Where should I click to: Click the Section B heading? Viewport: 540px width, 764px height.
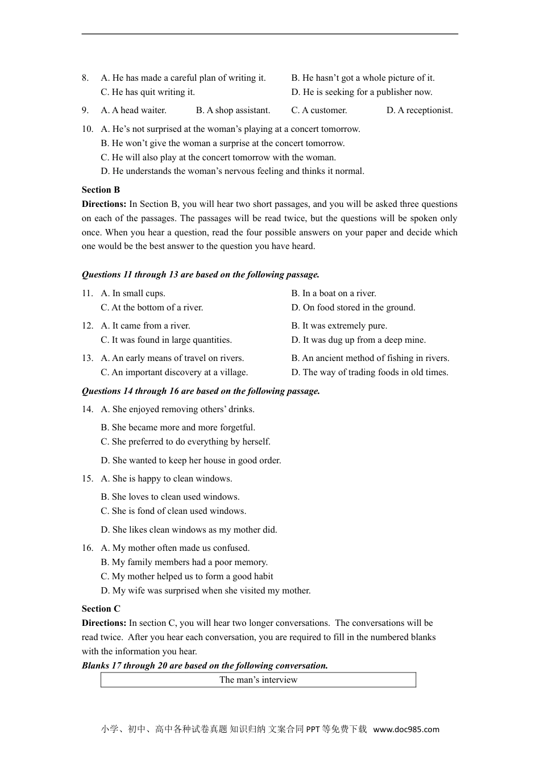coord(101,190)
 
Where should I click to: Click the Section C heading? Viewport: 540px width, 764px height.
coord(101,609)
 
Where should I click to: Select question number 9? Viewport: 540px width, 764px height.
coord(85,110)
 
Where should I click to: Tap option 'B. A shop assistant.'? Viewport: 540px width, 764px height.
coord(233,110)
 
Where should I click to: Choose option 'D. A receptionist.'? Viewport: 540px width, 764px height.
coord(419,110)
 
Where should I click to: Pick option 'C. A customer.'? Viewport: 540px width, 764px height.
coord(319,110)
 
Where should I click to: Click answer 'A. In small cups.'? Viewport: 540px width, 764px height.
coord(133,293)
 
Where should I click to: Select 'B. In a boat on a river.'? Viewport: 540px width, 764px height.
coord(334,293)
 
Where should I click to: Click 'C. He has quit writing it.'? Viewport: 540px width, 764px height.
coord(148,92)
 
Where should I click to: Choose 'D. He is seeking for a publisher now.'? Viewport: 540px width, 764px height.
coord(362,92)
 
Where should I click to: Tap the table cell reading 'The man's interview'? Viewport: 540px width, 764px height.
coord(258,680)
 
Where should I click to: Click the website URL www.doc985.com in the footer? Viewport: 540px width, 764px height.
coord(406,729)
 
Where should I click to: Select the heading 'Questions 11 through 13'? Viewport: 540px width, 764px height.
coord(200,275)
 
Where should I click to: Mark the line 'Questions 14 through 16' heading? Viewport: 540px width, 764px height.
coord(201,391)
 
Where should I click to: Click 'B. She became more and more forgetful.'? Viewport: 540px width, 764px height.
coord(178,427)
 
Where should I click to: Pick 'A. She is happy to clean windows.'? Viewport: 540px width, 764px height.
coord(167,479)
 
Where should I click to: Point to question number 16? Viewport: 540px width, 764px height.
coord(87,548)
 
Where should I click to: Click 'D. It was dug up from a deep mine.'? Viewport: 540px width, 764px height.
coord(358,340)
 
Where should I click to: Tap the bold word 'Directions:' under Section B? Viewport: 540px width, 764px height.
coord(104,204)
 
